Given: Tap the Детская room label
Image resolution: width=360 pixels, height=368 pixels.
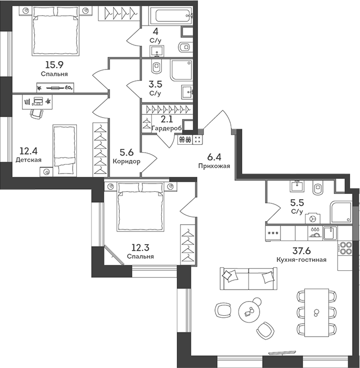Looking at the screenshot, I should pos(28,160).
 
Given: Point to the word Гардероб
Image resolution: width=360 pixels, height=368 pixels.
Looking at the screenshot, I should pos(166,128).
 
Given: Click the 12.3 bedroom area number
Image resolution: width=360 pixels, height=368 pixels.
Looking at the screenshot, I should pos(140,248).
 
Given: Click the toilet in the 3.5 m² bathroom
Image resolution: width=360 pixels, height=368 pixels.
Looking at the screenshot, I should pos(157,67).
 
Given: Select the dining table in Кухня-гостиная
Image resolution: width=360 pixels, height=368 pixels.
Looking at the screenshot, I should pos(316,312).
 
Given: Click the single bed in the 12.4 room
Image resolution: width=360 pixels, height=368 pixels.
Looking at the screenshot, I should pos(65,149).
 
